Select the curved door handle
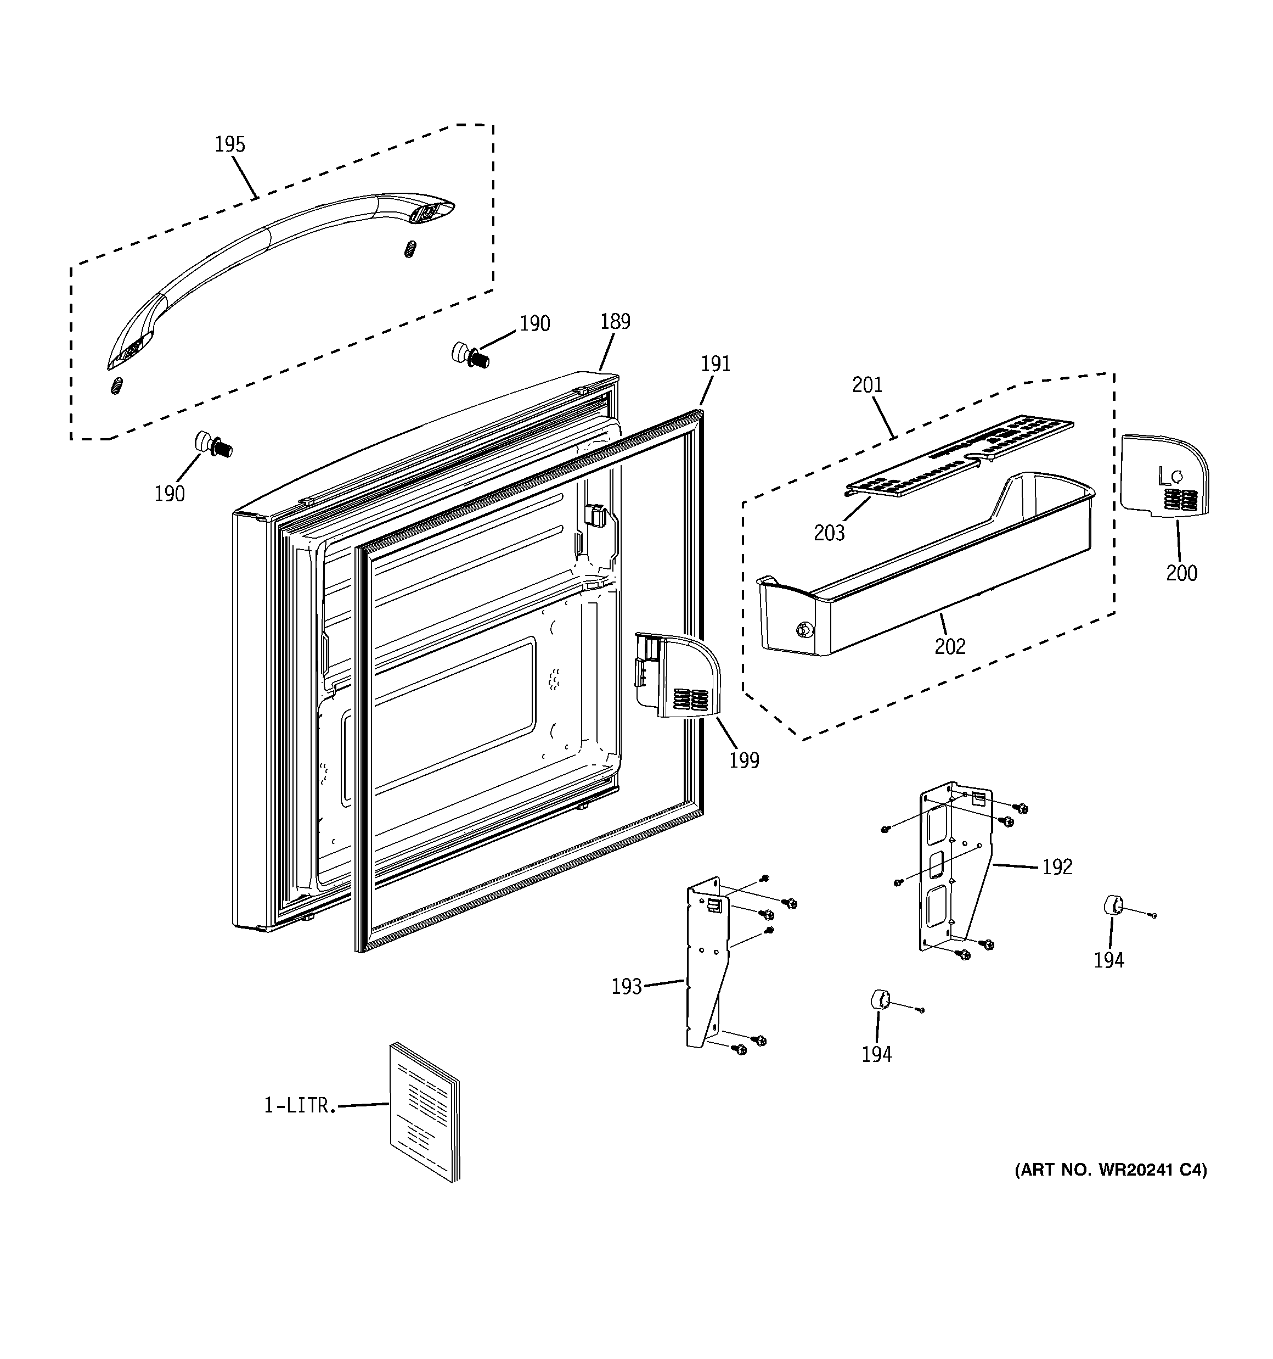tap(273, 260)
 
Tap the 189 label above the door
tap(615, 321)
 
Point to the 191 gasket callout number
tap(716, 363)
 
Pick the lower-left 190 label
tap(170, 493)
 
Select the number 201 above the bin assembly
tap(867, 385)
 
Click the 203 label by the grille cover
tap(829, 533)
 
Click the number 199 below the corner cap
tap(744, 759)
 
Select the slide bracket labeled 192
tap(955, 868)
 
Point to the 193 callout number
tap(626, 986)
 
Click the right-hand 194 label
tap(1108, 960)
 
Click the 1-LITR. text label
tap(300, 1105)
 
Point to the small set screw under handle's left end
tap(117, 386)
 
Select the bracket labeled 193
tap(707, 971)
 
